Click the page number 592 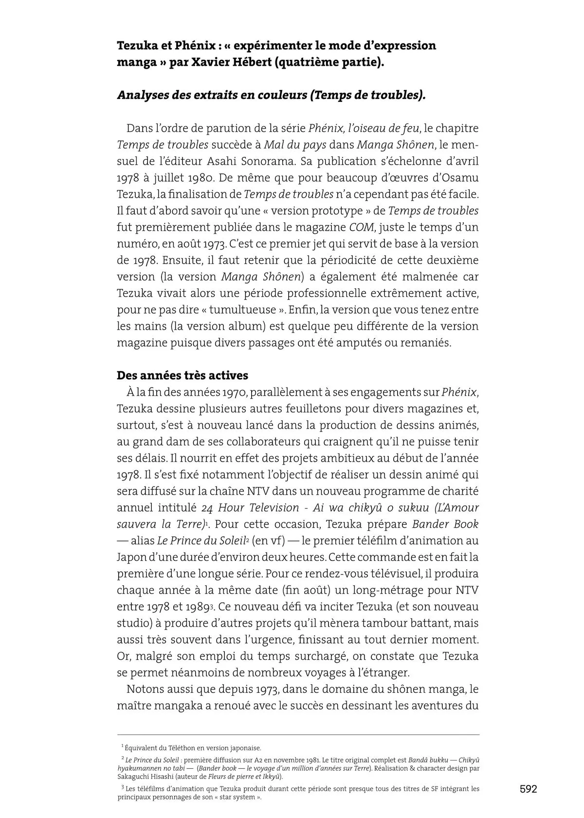pyautogui.click(x=528, y=789)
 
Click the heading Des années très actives pyautogui.click(x=182, y=375)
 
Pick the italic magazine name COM pyautogui.click(x=361, y=227)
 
